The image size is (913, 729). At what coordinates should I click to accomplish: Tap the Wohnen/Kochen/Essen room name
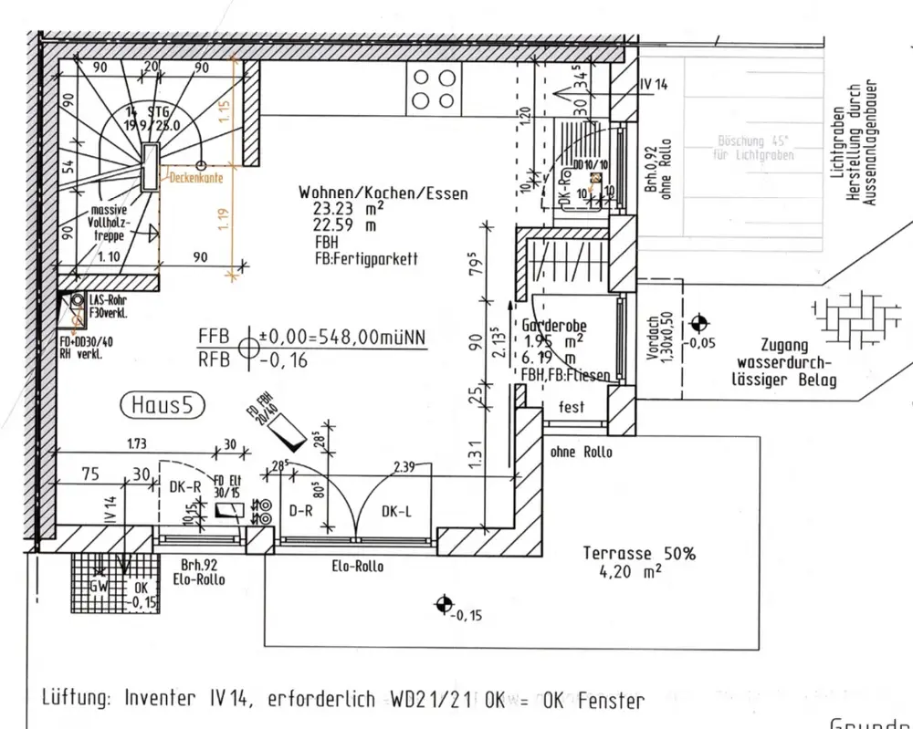point(383,193)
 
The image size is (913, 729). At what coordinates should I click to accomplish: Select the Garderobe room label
point(554,326)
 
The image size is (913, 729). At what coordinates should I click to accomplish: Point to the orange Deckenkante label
point(196,179)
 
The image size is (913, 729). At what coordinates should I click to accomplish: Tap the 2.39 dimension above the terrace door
point(404,467)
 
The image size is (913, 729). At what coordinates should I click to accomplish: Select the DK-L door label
point(396,512)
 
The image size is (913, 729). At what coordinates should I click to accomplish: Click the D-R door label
point(301,512)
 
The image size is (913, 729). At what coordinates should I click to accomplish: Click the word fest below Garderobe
point(572,408)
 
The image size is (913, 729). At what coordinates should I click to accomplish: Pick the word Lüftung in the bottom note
point(74,700)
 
